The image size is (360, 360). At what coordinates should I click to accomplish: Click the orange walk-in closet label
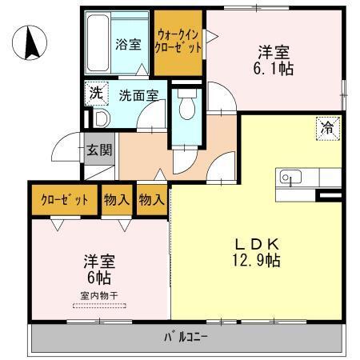pyautogui.click(x=178, y=40)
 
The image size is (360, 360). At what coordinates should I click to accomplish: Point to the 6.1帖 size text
pyautogui.click(x=275, y=70)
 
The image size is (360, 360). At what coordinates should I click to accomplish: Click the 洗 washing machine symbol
pyautogui.click(x=95, y=93)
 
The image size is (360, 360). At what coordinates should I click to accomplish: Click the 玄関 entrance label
pyautogui.click(x=100, y=149)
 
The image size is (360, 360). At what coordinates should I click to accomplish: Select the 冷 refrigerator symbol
pyautogui.click(x=327, y=127)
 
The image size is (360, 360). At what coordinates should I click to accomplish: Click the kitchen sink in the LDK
pyautogui.click(x=289, y=177)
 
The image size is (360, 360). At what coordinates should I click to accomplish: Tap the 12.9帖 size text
pyautogui.click(x=256, y=261)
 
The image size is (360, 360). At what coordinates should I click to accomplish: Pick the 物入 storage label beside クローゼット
pyautogui.click(x=116, y=200)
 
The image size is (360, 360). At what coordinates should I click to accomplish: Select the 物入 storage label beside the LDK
pyautogui.click(x=151, y=200)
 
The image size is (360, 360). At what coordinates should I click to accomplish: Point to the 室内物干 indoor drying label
pyautogui.click(x=99, y=296)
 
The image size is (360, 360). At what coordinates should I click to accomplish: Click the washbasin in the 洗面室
pyautogui.click(x=100, y=118)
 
